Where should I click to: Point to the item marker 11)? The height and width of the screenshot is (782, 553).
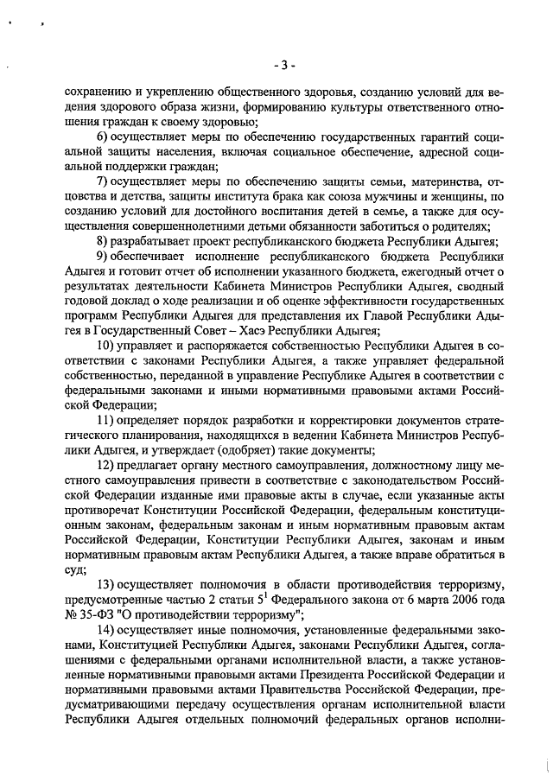pyautogui.click(x=107, y=420)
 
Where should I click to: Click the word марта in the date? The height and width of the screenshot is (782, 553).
pyautogui.click(x=424, y=600)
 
